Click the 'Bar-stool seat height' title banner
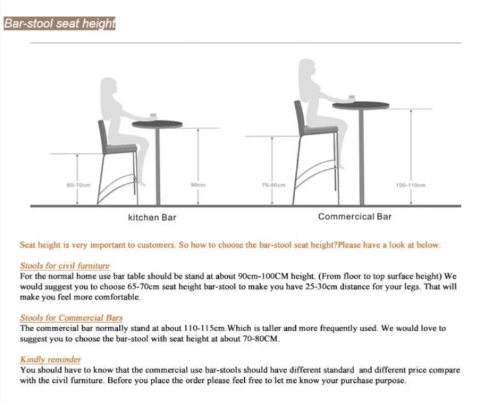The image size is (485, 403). [59, 24]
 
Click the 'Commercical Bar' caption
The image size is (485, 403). [354, 217]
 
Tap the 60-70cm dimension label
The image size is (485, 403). [78, 185]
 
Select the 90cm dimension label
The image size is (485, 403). [197, 185]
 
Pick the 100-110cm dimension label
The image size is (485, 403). [409, 185]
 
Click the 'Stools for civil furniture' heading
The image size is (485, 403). [65, 266]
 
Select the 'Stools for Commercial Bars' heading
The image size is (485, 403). [71, 318]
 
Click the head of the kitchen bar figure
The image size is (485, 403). [107, 88]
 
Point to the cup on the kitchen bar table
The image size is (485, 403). [154, 115]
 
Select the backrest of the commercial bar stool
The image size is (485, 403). [299, 120]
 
